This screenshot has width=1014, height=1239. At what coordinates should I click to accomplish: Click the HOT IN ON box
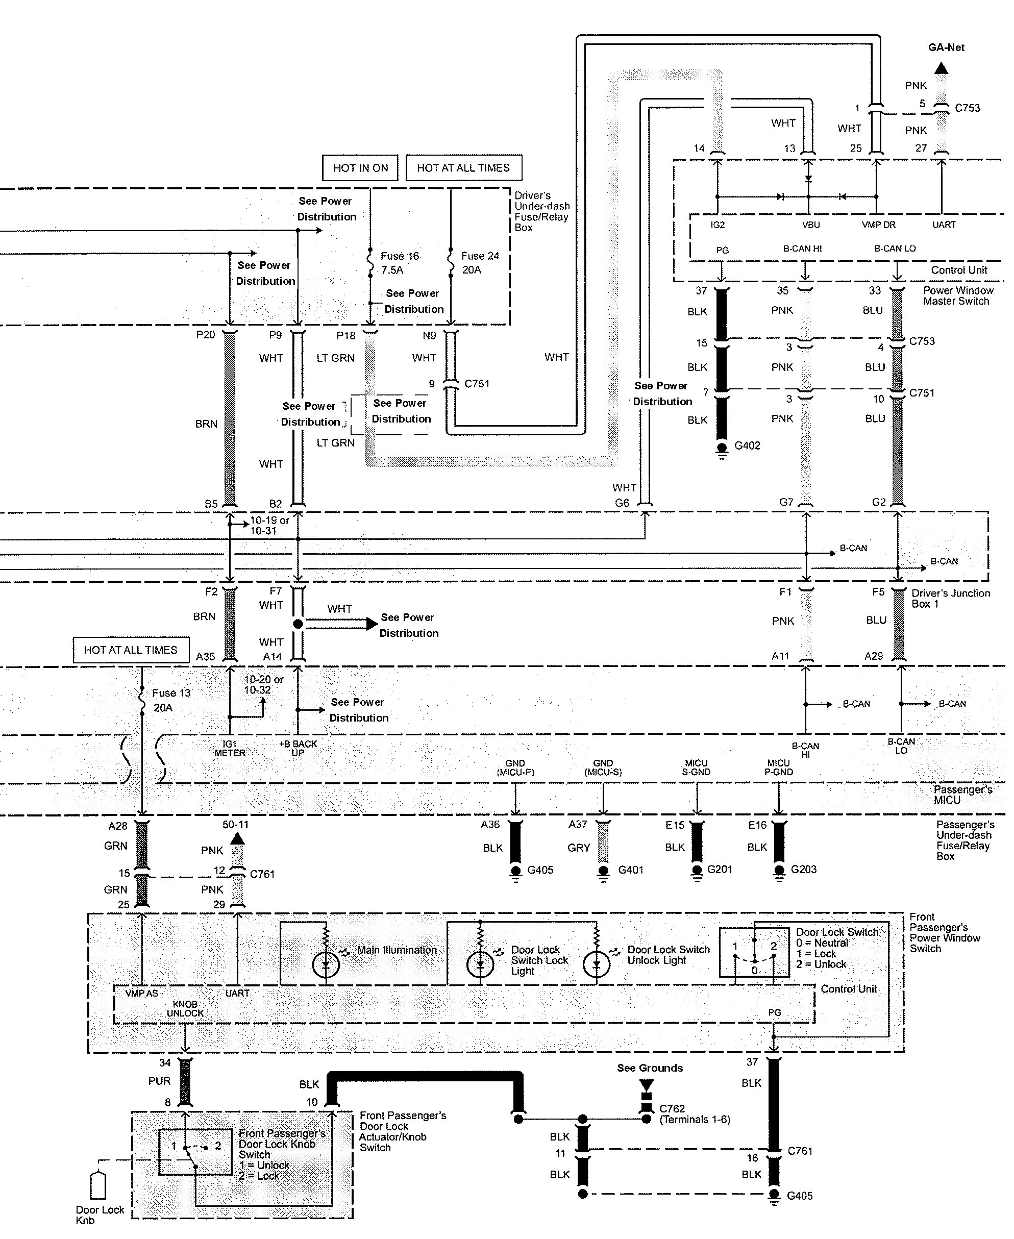[x=360, y=168]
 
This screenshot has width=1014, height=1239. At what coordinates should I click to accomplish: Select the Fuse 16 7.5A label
[x=400, y=263]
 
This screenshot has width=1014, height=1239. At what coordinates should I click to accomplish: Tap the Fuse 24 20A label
[x=480, y=263]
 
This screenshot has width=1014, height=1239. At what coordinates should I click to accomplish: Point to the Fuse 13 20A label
[x=170, y=700]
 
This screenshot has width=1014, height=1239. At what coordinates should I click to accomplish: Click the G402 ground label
[x=747, y=445]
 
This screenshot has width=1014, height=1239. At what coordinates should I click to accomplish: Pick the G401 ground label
[x=630, y=870]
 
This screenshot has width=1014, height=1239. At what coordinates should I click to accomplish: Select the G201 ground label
[x=719, y=869]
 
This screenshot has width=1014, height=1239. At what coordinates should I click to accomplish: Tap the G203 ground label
[x=803, y=869]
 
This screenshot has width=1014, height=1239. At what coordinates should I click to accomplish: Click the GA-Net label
[x=946, y=47]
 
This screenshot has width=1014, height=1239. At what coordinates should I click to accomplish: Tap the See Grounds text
[x=650, y=1068]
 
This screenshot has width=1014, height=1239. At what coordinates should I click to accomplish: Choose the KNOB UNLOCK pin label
[x=185, y=1008]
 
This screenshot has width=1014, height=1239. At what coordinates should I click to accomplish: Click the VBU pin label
[x=811, y=225]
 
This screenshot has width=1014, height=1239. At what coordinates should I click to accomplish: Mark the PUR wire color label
[x=159, y=1081]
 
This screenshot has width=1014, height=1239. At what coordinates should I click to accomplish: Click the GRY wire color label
[x=578, y=848]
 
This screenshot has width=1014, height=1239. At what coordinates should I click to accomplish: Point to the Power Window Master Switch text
[x=958, y=295]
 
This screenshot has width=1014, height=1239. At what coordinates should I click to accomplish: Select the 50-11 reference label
[x=235, y=825]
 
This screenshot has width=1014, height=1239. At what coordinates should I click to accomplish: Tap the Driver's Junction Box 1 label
[x=950, y=598]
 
